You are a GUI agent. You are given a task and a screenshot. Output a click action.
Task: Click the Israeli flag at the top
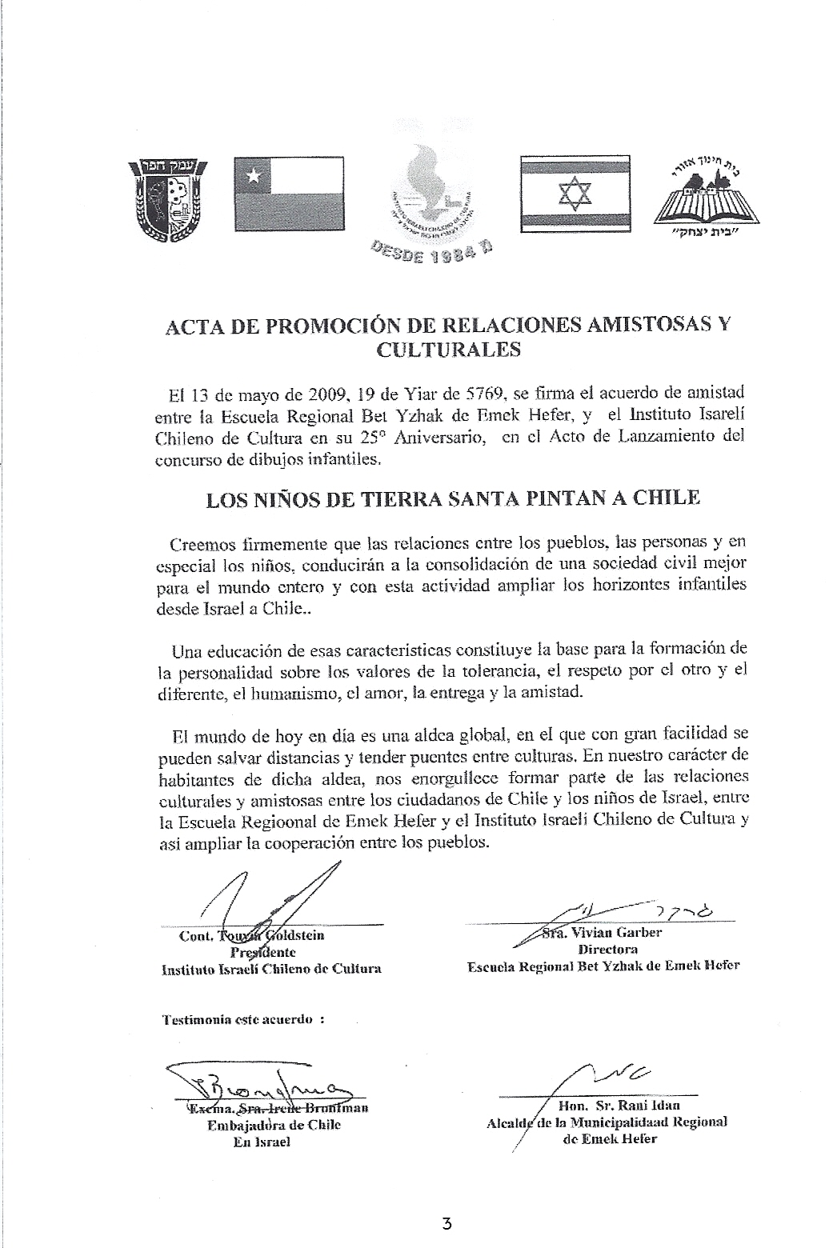(575, 193)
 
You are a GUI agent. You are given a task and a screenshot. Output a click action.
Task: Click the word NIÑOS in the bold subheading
(276, 499)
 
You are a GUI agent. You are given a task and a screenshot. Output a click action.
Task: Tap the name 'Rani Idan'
(651, 1106)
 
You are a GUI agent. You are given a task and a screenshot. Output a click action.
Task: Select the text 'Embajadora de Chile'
(274, 1125)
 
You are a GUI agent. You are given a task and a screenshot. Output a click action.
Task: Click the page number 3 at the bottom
(447, 1223)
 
